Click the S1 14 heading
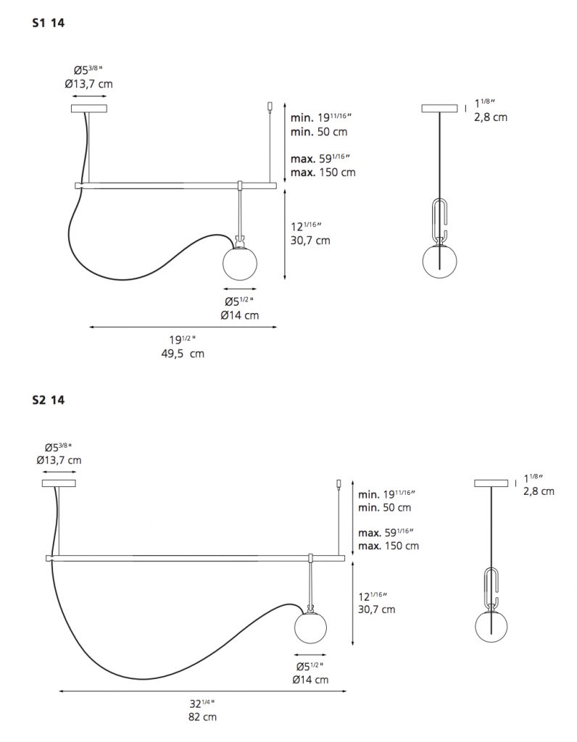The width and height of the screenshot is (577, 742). point(49,23)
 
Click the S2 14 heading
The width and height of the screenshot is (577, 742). point(49,399)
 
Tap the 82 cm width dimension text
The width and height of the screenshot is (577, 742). point(201,717)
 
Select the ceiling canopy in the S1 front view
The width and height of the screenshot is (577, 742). point(88,109)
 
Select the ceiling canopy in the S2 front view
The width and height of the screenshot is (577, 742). point(59,483)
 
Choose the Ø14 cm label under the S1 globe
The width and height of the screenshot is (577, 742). point(240,315)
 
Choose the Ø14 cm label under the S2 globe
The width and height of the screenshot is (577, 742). point(312,679)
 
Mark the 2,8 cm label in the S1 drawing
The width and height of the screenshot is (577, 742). point(491,117)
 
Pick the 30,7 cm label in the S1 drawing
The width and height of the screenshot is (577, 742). point(310,241)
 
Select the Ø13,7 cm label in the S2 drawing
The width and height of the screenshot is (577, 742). point(59,460)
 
